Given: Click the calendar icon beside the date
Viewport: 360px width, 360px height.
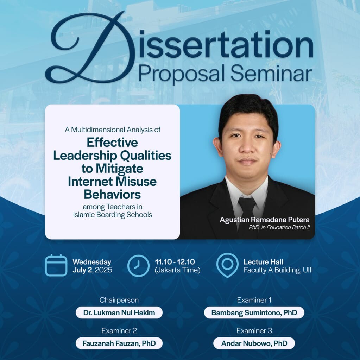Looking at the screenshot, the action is pyautogui.click(x=56, y=265).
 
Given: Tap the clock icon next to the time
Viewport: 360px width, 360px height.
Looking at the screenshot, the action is pyautogui.click(x=138, y=265).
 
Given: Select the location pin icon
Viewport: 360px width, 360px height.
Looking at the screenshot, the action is pyautogui.click(x=227, y=265).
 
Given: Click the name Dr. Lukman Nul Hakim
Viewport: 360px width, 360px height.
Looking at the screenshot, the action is pyautogui.click(x=119, y=312).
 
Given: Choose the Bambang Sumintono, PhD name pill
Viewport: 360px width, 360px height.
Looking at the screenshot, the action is pyautogui.click(x=254, y=312).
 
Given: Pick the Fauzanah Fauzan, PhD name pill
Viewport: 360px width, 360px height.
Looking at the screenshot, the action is pyautogui.click(x=119, y=343).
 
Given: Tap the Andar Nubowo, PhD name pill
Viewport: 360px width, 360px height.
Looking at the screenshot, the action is pyautogui.click(x=254, y=343).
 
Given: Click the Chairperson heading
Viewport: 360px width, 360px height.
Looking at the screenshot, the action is pyautogui.click(x=119, y=300).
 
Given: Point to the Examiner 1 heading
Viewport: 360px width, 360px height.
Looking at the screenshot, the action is pyautogui.click(x=254, y=300).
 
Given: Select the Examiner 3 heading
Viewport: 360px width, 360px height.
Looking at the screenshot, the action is pyautogui.click(x=254, y=330).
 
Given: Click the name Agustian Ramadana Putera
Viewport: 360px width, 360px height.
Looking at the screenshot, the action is pyautogui.click(x=265, y=220).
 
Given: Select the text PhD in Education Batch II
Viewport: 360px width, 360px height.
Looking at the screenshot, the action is pyautogui.click(x=279, y=227).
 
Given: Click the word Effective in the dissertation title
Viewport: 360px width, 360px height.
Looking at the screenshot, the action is pyautogui.click(x=112, y=143).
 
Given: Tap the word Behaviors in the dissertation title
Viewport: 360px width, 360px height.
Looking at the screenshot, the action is pyautogui.click(x=112, y=194).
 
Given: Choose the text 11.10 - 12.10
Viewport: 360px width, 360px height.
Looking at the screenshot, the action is pyautogui.click(x=175, y=262).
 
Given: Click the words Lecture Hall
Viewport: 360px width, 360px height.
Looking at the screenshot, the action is pyautogui.click(x=264, y=262).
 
